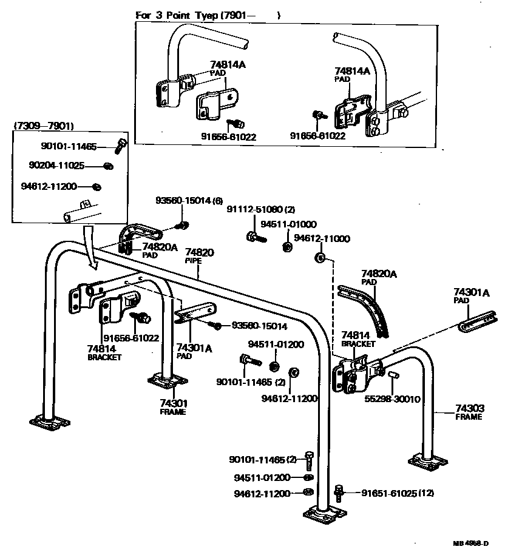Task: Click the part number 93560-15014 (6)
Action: [189, 201]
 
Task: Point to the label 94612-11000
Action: [322, 239]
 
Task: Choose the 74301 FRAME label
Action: [173, 407]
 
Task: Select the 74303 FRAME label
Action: [469, 412]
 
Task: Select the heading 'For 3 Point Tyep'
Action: [180, 15]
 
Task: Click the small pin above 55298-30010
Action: [391, 378]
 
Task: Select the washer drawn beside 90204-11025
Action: [108, 166]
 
